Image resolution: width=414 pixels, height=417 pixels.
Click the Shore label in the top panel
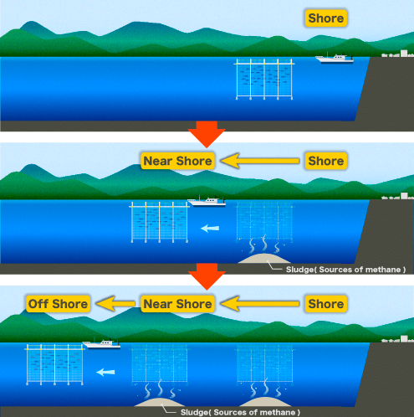click(325, 18)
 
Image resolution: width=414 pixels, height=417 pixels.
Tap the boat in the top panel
click(335, 59)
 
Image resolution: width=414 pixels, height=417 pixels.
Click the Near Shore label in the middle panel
click(177, 160)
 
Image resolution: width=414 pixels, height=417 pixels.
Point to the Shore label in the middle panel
click(325, 160)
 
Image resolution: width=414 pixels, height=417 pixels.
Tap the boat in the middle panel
click(207, 202)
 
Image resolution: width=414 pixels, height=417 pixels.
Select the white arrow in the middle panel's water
click(211, 228)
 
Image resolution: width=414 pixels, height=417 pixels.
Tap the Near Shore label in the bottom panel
click(177, 303)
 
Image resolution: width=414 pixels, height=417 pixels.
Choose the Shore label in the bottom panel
click(325, 303)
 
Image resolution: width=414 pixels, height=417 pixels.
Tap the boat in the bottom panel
click(101, 343)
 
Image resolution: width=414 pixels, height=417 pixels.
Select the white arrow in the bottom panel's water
click(105, 371)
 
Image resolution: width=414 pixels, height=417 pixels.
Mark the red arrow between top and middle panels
click(205, 132)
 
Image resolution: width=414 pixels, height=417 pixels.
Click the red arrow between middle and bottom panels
click(205, 275)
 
